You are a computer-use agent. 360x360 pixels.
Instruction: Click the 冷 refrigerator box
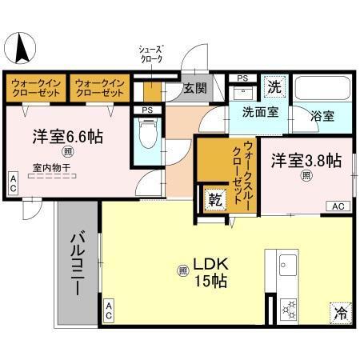click(x=340, y=313)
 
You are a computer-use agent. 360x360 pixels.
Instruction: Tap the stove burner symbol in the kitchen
click(x=287, y=308)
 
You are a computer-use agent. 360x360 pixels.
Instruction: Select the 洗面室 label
click(x=260, y=113)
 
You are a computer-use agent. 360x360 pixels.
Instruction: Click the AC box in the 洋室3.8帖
click(x=338, y=206)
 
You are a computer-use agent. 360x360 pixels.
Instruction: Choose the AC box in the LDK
click(x=108, y=311)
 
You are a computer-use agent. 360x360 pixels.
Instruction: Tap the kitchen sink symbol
click(x=287, y=265)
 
